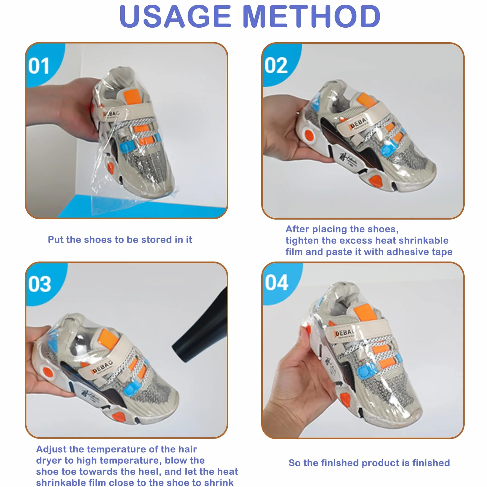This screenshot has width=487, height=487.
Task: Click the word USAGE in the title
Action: coord(175,16)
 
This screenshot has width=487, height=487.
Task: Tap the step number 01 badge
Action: coord(39,66)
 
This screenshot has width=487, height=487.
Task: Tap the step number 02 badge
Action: coord(276,66)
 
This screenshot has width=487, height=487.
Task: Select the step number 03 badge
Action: coord(39,284)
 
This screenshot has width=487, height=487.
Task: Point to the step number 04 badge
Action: coord(276,283)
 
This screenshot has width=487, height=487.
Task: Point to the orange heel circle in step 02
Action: coord(309,135)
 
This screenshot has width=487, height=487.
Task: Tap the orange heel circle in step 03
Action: coord(48,372)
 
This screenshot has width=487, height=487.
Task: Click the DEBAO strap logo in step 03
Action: coord(101,367)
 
